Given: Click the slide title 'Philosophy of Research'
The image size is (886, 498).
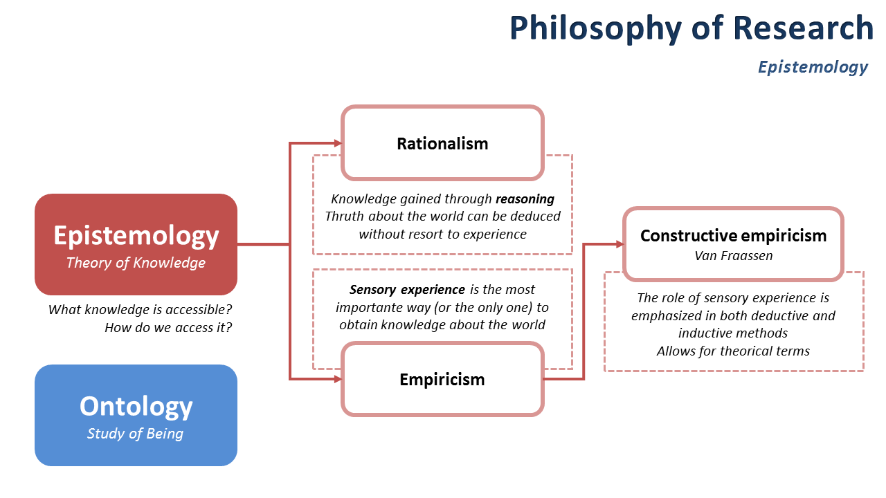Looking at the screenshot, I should pos(691,28).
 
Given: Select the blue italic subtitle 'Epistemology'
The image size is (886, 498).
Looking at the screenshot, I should pos(813,67).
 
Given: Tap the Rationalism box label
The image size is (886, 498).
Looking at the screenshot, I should pos(442,144).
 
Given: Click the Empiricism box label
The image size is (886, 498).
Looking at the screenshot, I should pos(442,380).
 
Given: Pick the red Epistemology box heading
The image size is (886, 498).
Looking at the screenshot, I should pos(136,236).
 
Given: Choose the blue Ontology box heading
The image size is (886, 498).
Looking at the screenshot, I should pos(136,406).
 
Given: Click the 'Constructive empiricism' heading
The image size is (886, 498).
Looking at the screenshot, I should pos(733,236).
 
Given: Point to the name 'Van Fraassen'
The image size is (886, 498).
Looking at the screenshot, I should pos(733,256).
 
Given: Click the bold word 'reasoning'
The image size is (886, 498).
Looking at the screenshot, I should pos(525,199).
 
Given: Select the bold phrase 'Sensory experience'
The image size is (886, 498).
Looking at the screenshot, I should pos(407,290).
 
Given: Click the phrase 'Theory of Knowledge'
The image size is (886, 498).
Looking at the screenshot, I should pos(136,263).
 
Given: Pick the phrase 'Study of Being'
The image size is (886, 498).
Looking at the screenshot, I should pos(136,434).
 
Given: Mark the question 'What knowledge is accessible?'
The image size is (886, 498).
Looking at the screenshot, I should pos(140,310).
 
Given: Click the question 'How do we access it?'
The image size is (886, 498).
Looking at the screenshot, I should pos(168,327).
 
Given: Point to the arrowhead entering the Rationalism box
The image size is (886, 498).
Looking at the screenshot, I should pos(338,143).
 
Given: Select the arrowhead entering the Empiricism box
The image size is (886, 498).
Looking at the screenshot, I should pos(338,379).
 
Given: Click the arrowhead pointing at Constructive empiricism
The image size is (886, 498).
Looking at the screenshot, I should pos(620,243).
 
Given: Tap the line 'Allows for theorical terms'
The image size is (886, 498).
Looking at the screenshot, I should pos(733,351).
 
